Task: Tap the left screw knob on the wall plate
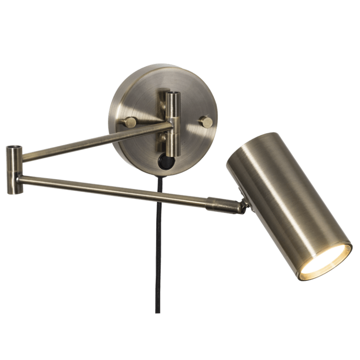coord(130,122)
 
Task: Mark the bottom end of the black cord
coord(158,311)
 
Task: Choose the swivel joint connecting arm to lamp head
coord(243,206)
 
